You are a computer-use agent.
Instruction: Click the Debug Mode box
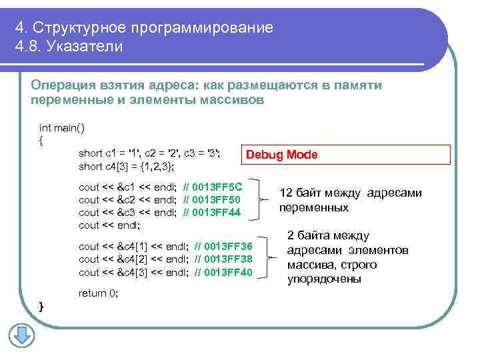tap(282, 155)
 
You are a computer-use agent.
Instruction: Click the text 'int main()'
tap(62, 127)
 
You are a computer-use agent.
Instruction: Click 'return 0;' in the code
tap(98, 293)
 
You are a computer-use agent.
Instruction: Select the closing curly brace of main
tap(42, 306)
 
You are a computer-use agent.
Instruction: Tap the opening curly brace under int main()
tap(42, 140)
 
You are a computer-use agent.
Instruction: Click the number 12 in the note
tap(286, 193)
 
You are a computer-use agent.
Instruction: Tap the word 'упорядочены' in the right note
tap(324, 279)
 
